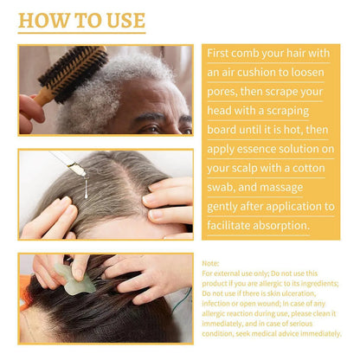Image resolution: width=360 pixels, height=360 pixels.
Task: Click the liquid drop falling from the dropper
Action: pyautogui.click(x=86, y=190)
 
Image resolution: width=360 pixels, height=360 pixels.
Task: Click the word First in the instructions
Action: pyautogui.click(x=217, y=53)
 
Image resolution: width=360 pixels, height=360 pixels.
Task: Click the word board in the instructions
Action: pyautogui.click(x=222, y=130)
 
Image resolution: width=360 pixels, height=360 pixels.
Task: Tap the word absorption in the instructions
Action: pyautogui.click(x=286, y=226)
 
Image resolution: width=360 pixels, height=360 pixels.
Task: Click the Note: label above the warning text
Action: pyautogui.click(x=210, y=263)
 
